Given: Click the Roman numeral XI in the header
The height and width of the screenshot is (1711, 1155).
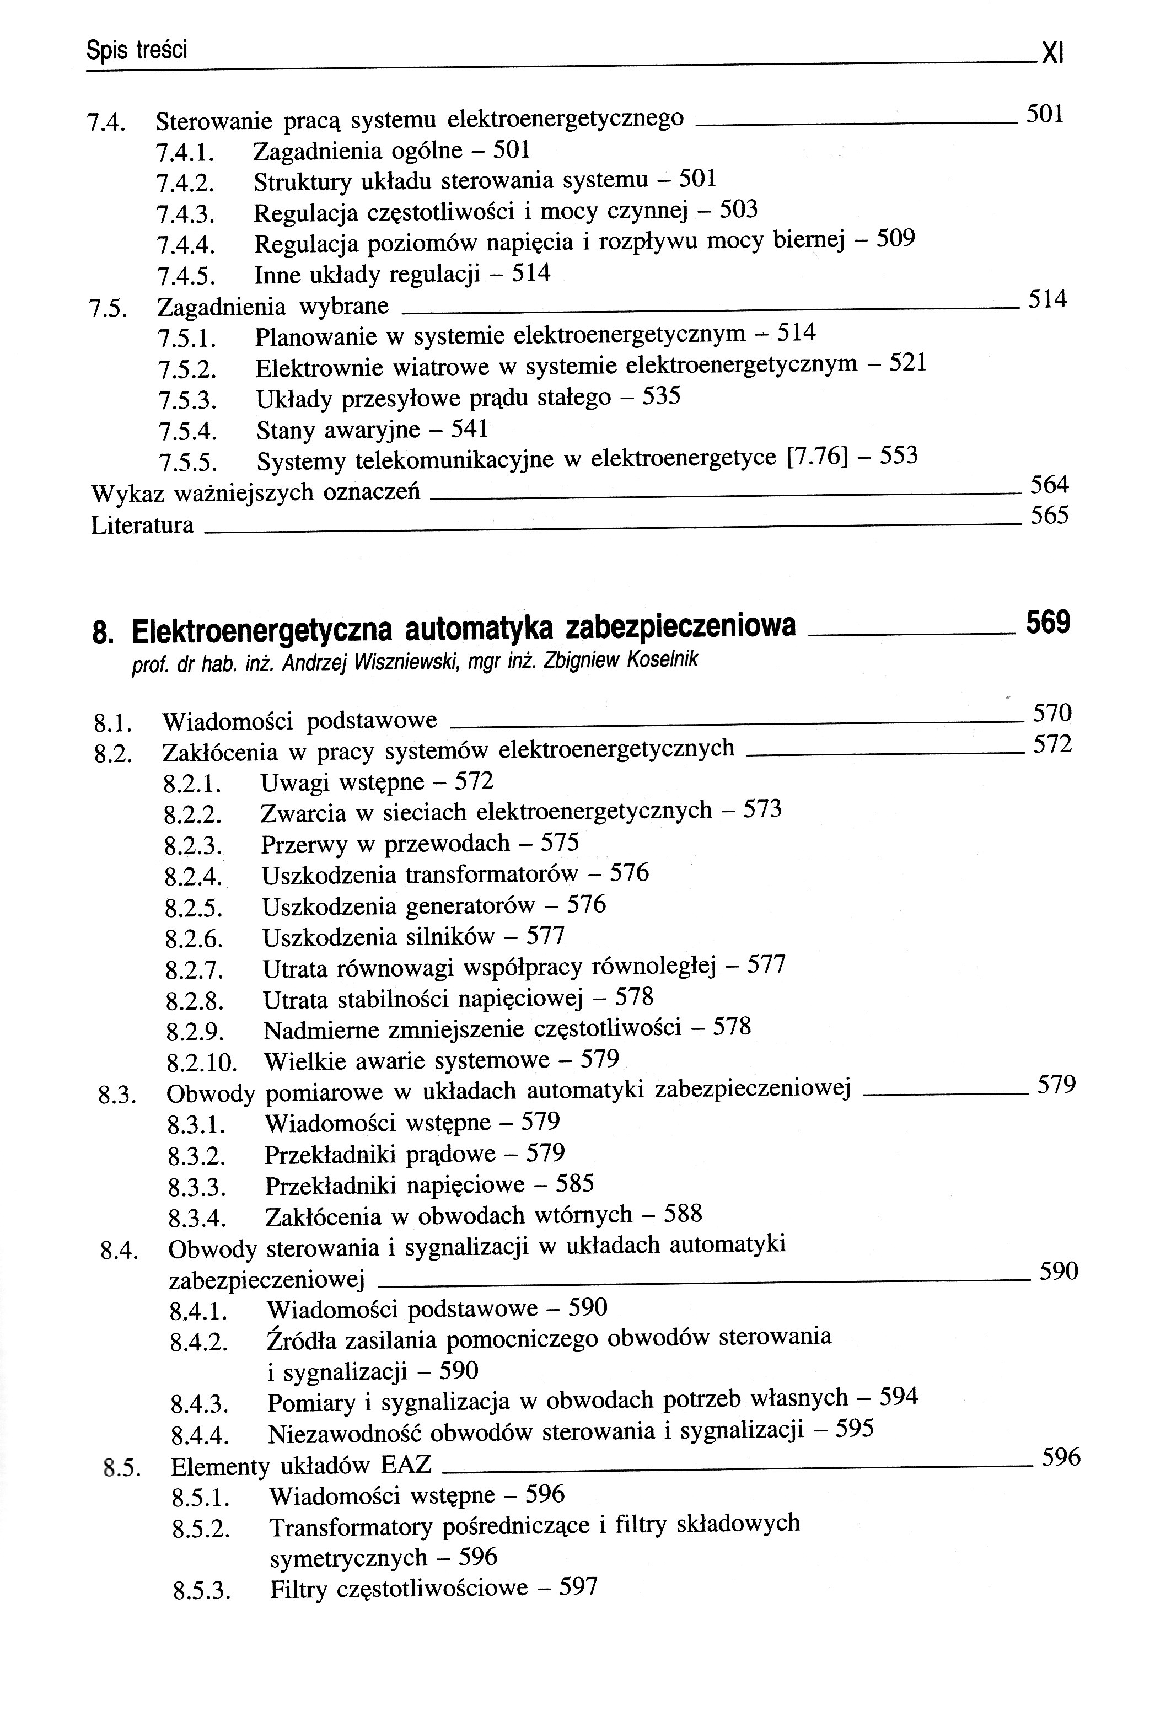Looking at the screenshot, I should [1054, 53].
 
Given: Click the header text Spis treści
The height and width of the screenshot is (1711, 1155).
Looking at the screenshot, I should [137, 50].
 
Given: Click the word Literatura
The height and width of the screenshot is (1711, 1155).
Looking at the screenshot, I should [142, 525].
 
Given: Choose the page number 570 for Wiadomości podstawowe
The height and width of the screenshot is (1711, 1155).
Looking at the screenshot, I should [1052, 712].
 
